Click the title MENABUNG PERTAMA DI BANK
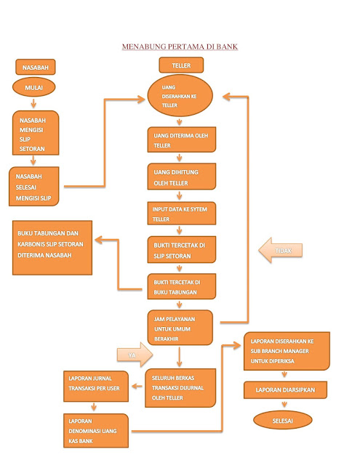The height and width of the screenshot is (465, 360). pos(180,47)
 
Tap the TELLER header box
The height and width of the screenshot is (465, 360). pos(181,65)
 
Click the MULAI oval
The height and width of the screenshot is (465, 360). pos(33,89)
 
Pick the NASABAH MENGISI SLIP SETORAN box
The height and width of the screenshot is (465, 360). pos(36,133)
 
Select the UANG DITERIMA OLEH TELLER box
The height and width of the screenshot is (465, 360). pos(180,140)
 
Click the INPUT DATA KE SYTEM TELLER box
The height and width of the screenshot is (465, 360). pos(180,214)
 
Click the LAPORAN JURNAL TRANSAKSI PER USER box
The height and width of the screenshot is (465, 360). pos(97,386)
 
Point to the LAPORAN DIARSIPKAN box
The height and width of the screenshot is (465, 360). pos(285,391)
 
